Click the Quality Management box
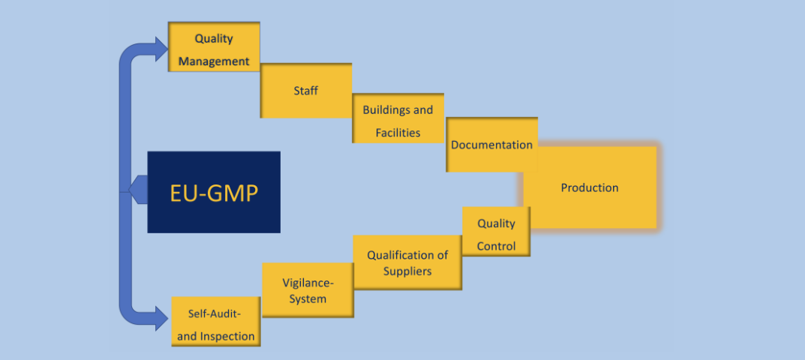click(214, 46)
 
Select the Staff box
click(305, 91)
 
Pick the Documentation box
click(491, 144)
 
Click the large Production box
click(590, 187)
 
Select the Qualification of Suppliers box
click(407, 262)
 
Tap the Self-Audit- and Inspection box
click(216, 322)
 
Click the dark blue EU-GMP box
click(214, 192)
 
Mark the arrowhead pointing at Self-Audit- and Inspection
click(161, 316)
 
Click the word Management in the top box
click(214, 61)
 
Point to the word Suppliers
click(407, 271)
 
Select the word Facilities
click(398, 133)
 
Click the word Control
click(496, 246)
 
